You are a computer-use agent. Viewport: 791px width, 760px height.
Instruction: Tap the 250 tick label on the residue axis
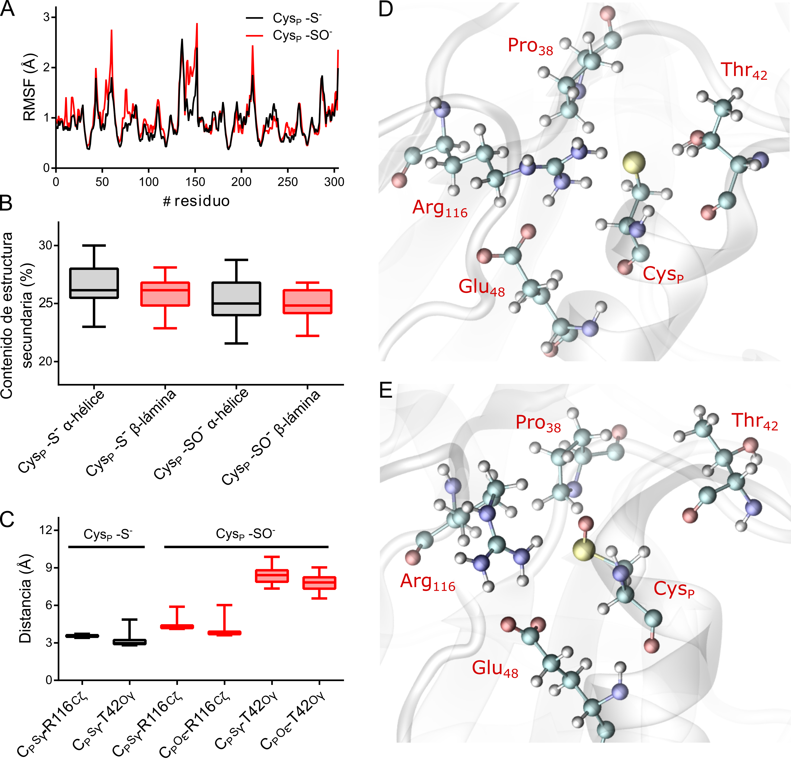point(287,182)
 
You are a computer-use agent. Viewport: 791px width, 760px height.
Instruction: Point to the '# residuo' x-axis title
point(196,201)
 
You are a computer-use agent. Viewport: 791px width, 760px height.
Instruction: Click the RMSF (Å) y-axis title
point(29,87)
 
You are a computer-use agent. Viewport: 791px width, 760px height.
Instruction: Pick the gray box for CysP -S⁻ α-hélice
point(94,283)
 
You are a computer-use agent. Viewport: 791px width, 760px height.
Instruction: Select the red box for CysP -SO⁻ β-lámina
point(308,302)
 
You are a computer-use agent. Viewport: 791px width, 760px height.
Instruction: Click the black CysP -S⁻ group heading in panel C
point(107,534)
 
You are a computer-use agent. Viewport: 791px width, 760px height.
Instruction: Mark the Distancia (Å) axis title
point(25,599)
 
